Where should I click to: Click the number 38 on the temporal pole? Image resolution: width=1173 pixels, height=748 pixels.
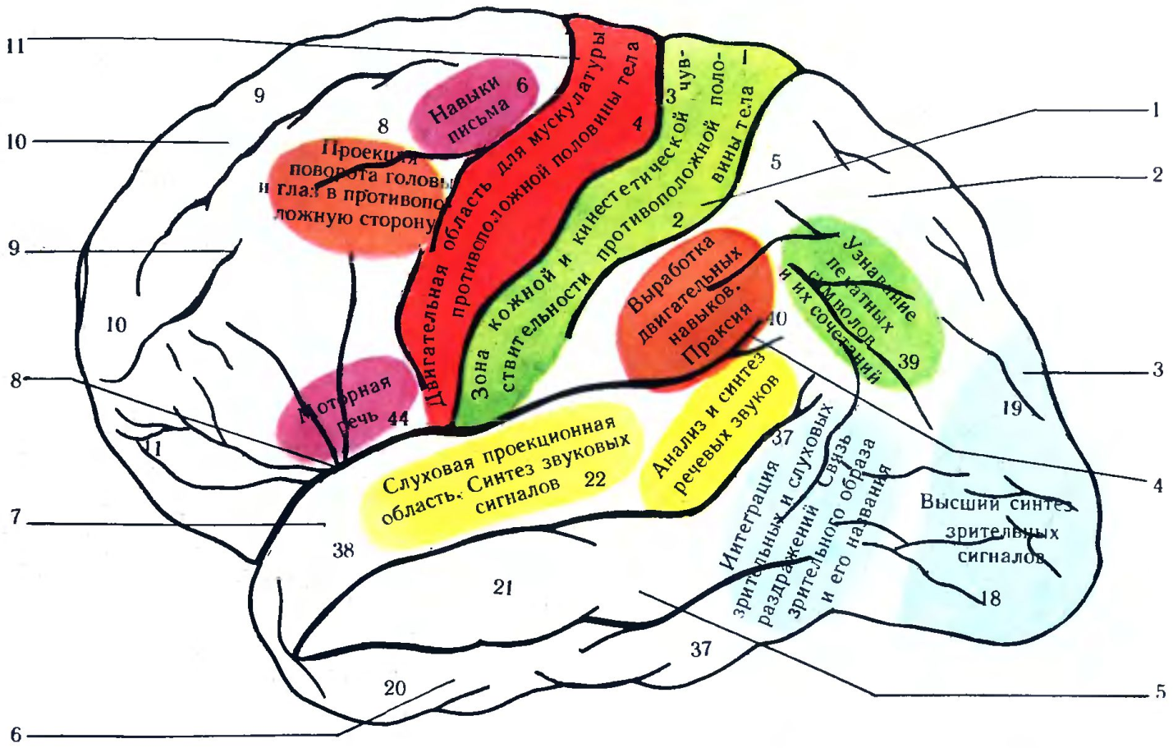point(343,550)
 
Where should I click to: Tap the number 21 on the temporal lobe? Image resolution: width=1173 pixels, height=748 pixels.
point(503,587)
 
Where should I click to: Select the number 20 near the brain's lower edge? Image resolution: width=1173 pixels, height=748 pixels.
point(395,688)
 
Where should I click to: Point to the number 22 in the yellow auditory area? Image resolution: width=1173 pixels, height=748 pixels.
point(594,479)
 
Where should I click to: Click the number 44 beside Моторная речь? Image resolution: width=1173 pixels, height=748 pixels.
point(397,419)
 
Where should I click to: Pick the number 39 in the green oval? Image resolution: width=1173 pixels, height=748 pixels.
point(909,361)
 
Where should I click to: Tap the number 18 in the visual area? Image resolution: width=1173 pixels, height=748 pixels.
point(992,599)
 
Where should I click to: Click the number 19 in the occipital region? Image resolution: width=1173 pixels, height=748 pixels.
point(1012,407)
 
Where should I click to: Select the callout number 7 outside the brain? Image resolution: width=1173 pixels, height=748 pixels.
point(15,518)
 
